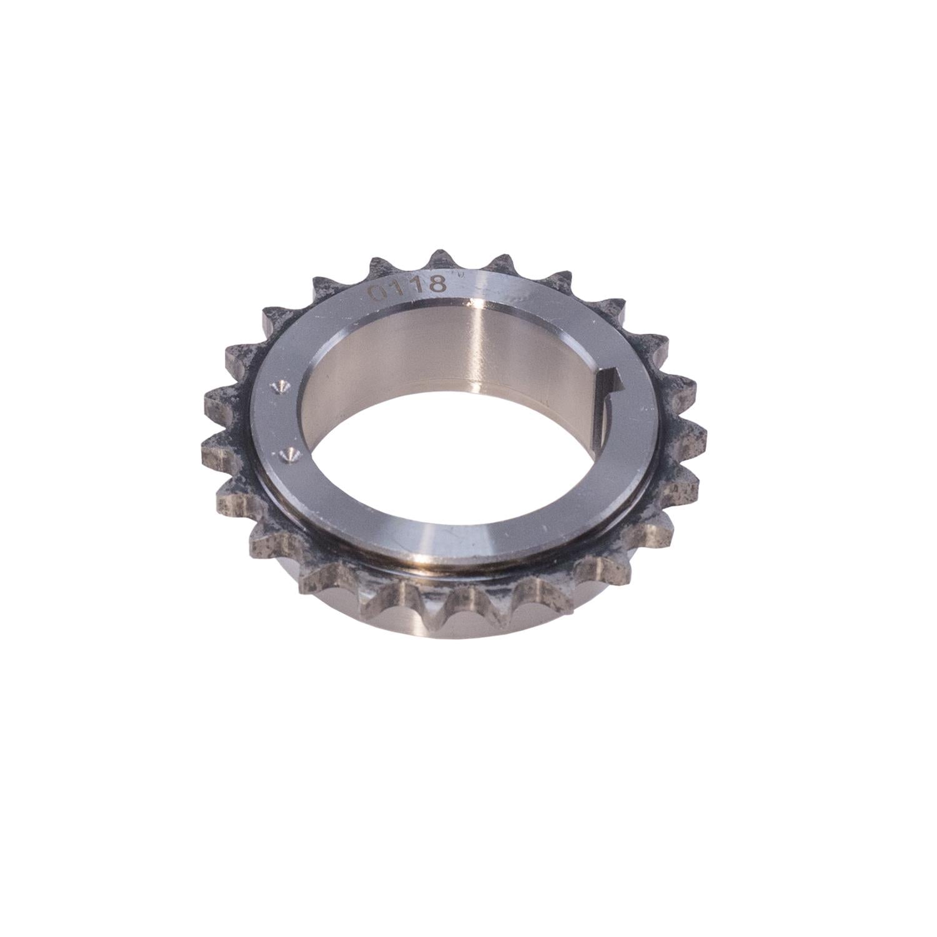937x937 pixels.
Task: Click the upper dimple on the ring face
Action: [279, 388]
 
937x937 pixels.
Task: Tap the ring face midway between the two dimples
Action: [282, 422]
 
